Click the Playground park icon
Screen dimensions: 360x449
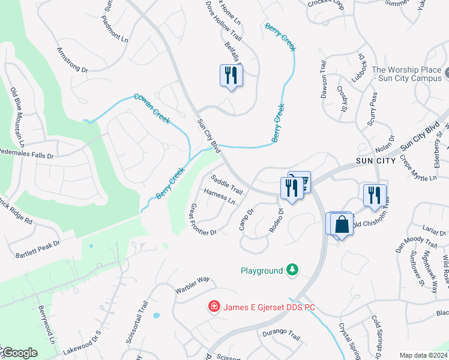pos(292,271)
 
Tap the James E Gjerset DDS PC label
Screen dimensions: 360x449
pos(270,308)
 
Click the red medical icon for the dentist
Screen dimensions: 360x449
pos(213,308)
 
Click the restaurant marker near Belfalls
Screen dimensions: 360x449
pos(231,76)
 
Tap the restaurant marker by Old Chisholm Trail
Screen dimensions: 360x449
pos(375,196)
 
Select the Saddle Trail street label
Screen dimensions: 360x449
pos(226,185)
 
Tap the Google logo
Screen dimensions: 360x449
pos(20,353)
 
